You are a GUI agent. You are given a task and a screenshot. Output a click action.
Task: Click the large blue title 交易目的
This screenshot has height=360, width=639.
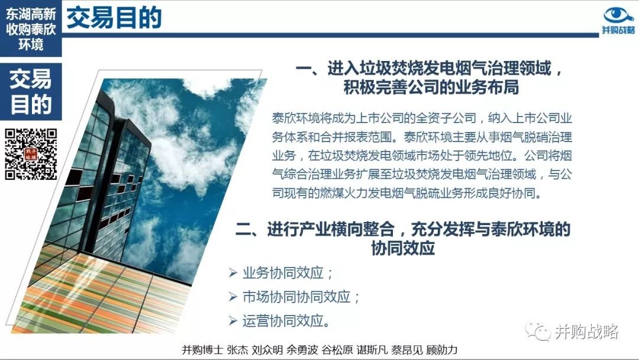coord(114,18)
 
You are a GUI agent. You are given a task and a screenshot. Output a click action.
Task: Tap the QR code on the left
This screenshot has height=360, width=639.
coord(31,154)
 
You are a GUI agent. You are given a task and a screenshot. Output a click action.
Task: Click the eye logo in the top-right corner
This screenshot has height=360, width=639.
coord(618,15)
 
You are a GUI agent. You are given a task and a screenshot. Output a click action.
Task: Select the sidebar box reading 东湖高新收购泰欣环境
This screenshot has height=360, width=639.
coord(31,28)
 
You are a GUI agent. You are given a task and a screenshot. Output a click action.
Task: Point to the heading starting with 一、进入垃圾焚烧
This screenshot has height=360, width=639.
coord(430,68)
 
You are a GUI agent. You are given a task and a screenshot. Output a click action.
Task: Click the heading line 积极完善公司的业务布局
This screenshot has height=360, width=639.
coord(431,87)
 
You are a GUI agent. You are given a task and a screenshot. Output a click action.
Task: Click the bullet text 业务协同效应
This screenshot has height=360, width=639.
coord(288,273)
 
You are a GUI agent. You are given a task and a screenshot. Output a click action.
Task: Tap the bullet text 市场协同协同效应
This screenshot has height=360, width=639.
coord(301,297)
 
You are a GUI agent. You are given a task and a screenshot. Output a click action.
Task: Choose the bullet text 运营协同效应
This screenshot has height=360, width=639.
coord(286,321)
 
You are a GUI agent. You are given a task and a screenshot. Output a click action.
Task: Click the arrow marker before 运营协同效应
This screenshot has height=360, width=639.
coord(233,321)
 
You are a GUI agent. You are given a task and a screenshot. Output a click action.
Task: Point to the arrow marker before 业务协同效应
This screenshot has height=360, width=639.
coord(233,273)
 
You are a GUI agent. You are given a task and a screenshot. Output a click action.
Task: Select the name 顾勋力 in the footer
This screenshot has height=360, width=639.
coord(442,350)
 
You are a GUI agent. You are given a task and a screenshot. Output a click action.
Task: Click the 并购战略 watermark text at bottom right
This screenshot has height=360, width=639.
coord(586,332)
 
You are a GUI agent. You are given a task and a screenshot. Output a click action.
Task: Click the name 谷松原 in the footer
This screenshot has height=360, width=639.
coord(337,350)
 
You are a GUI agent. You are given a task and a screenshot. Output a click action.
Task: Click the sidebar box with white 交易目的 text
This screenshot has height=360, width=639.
coord(31,92)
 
